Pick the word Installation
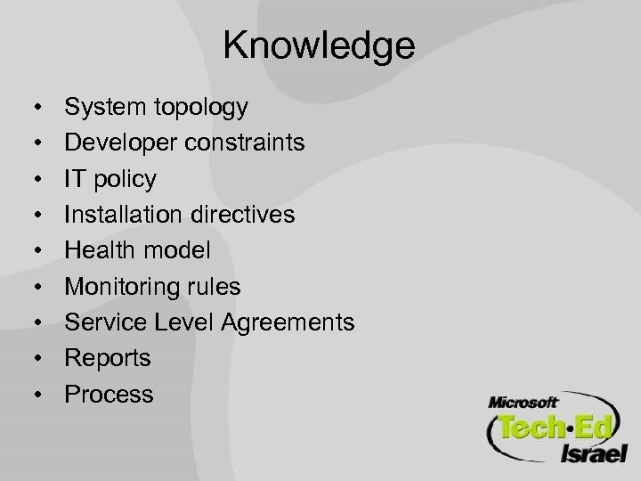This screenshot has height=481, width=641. [120, 215]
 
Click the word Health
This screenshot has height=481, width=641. [98, 250]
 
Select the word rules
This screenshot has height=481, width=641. [213, 286]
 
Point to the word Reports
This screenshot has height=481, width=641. [109, 358]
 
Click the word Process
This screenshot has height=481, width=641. [110, 393]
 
